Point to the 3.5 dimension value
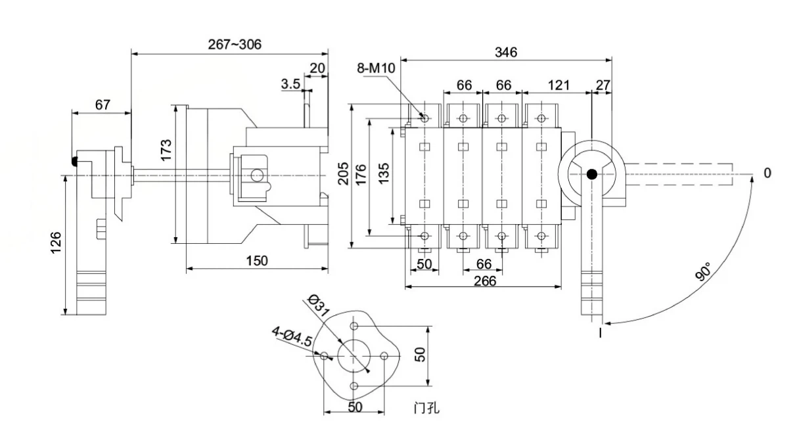click(x=290, y=83)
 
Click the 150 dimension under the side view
click(x=256, y=261)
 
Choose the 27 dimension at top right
click(x=602, y=85)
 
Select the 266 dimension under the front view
click(x=483, y=281)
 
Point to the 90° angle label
click(x=703, y=271)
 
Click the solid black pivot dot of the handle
click(x=592, y=174)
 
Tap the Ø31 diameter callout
click(x=318, y=304)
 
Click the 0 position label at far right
click(x=767, y=173)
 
